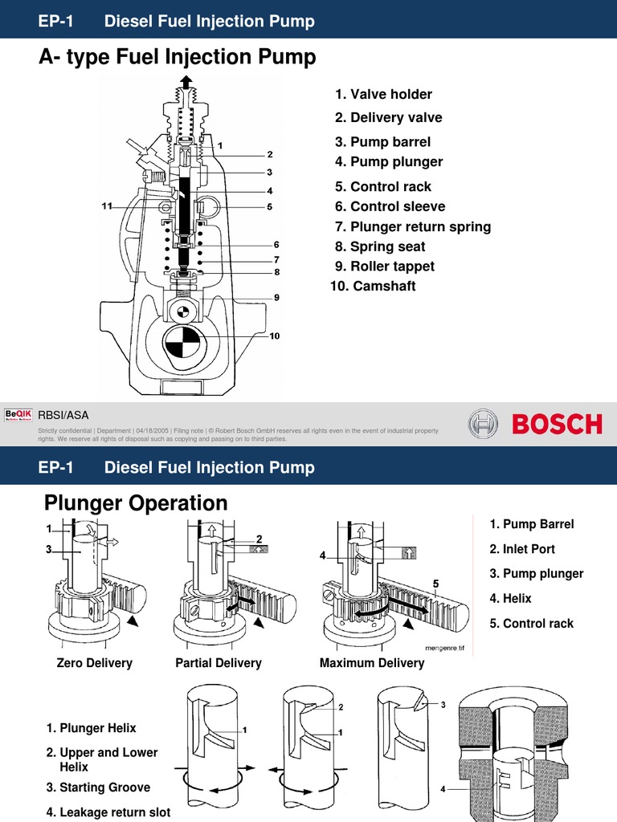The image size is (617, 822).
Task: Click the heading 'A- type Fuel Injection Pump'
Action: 178,58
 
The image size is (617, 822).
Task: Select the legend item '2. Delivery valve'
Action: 388,118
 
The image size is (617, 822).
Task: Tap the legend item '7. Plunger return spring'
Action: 413,226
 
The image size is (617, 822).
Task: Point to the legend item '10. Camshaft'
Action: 373,286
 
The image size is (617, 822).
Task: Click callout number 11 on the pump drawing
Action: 106,206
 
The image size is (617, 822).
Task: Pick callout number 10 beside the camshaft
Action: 274,336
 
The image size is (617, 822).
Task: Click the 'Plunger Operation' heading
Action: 136,503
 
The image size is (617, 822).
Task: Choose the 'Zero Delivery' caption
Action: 94,663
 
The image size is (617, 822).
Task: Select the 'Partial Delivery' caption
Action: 219,663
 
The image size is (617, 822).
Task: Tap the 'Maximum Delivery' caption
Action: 371,663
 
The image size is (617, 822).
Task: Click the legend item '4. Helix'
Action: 510,598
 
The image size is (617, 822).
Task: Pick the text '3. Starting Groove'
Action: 98,787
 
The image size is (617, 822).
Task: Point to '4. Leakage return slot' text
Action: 108,812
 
